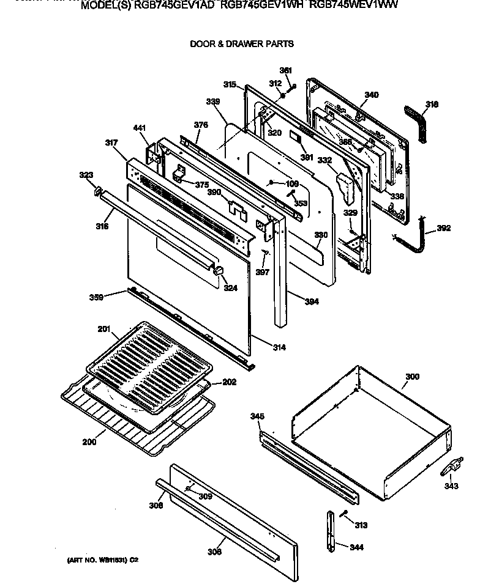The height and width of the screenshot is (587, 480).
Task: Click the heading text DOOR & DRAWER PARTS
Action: pyautogui.click(x=241, y=44)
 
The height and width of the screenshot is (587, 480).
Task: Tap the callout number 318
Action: pyautogui.click(x=432, y=105)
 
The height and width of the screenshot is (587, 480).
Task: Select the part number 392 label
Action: pyautogui.click(x=444, y=229)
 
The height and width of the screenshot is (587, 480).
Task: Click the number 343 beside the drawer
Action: pyautogui.click(x=451, y=487)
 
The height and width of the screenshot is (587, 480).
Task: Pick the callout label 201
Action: pyautogui.click(x=103, y=330)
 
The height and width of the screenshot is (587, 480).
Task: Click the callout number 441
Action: pyautogui.click(x=140, y=128)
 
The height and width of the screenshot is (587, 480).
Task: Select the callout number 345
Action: pyautogui.click(x=257, y=416)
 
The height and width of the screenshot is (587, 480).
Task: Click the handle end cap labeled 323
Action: pyautogui.click(x=97, y=193)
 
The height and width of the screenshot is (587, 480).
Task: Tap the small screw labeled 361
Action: pyautogui.click(x=294, y=86)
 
